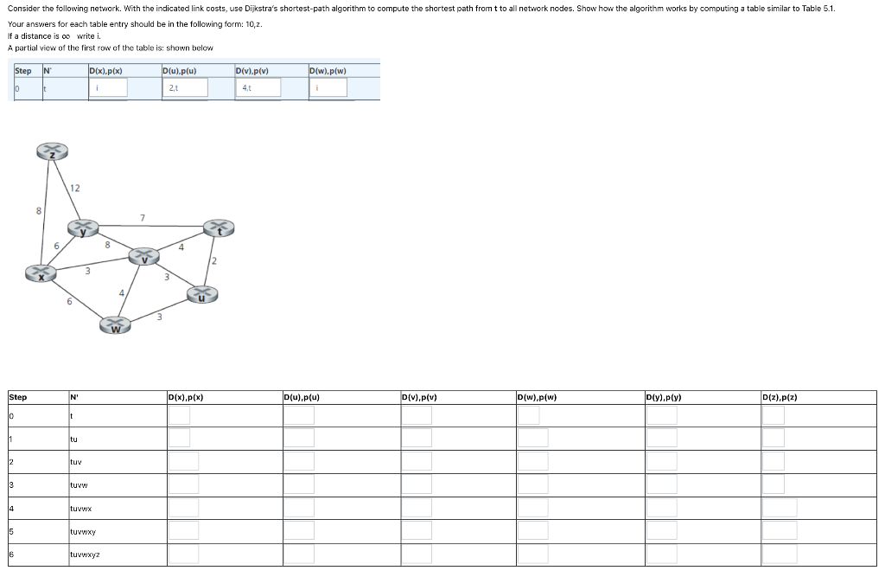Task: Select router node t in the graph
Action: (x=220, y=228)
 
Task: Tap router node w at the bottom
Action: (x=115, y=325)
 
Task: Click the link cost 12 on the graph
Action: (x=75, y=188)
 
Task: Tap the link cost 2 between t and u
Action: (x=213, y=260)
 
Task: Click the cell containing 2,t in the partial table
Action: (x=184, y=87)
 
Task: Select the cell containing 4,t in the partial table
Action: (x=258, y=87)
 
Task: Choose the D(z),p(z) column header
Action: (x=780, y=397)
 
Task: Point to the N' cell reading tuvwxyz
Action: (x=84, y=555)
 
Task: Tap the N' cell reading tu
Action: (x=73, y=439)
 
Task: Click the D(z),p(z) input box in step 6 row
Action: (x=780, y=554)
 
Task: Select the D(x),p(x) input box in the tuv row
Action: (x=183, y=461)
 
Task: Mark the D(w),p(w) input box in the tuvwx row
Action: (x=532, y=508)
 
